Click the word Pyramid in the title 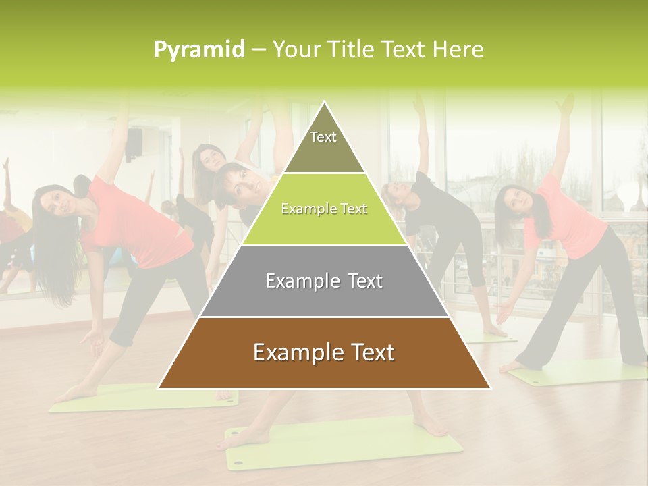[198, 50]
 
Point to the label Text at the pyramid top [323, 137]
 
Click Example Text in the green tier [324, 209]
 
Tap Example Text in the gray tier [324, 281]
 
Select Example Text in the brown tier [324, 352]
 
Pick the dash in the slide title [259, 50]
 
